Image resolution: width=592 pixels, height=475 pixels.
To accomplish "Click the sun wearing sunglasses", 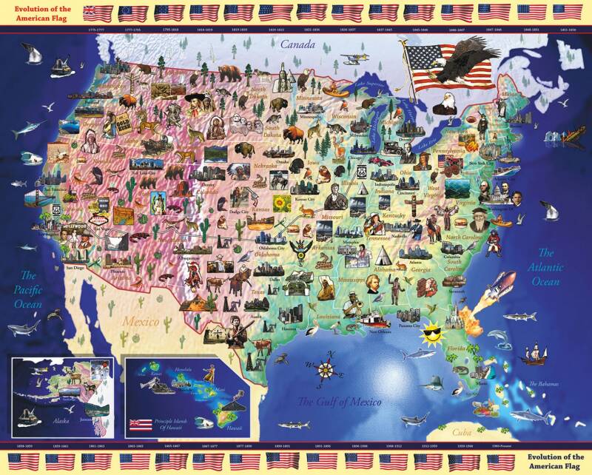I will [x=431, y=337].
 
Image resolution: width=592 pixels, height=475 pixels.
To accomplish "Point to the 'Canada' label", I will [x=297, y=45].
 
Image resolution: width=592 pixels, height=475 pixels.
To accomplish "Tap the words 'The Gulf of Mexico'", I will [x=339, y=402].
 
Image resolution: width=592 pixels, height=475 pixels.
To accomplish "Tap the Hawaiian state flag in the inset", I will [x=141, y=425].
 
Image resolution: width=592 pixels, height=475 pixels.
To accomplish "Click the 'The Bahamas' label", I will [x=544, y=384].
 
